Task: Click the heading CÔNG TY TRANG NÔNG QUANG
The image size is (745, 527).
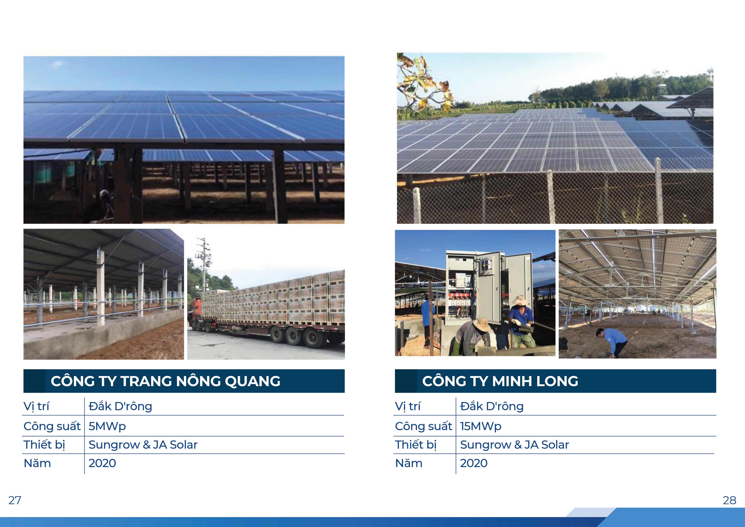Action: pyautogui.click(x=166, y=381)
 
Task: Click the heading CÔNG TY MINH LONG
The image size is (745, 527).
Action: pyautogui.click(x=500, y=381)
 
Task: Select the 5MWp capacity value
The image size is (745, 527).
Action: pyautogui.click(x=107, y=426)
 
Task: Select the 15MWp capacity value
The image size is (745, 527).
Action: pyautogui.click(x=480, y=426)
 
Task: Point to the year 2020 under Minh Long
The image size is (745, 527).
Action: pyautogui.click(x=474, y=463)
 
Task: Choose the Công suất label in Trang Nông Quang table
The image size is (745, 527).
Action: pyautogui.click(x=52, y=426)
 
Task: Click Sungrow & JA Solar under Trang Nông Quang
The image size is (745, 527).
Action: pyautogui.click(x=143, y=445)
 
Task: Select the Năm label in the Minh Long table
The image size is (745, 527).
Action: pyautogui.click(x=409, y=463)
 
